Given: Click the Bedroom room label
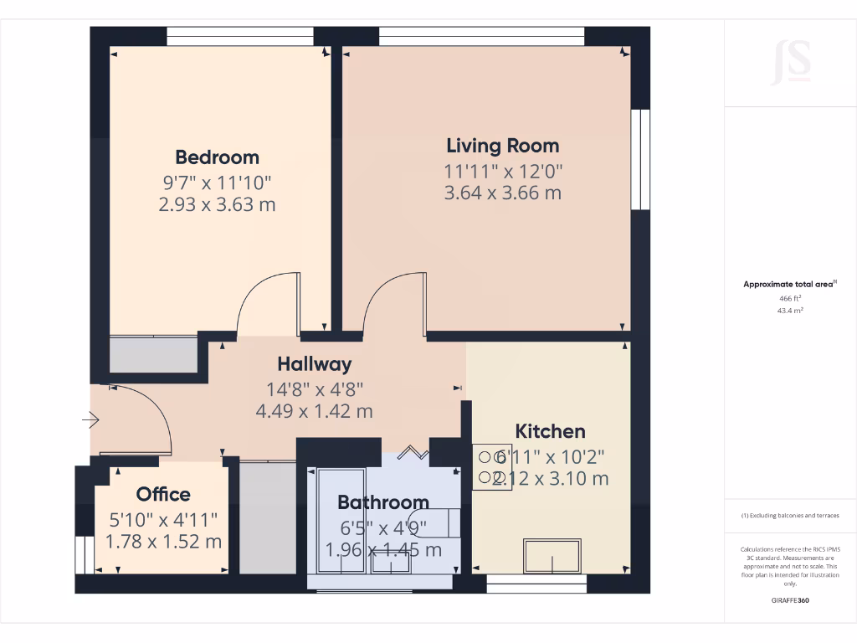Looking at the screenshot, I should coord(217,157).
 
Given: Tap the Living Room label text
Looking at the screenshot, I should coord(502,146).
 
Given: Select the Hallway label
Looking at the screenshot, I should coord(315,364).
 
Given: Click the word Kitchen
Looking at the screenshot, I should coord(550,432).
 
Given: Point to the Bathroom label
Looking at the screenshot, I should coord(383,502).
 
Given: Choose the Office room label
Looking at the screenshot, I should coord(163,494).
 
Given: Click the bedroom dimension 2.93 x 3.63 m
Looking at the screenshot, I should coord(217,204).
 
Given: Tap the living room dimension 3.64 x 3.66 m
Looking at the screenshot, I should coord(502,193).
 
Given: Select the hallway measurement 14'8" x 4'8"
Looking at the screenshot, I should coord(315,388).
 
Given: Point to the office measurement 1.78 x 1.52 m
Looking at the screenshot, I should coord(163,542).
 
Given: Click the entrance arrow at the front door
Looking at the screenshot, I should coord(90,419).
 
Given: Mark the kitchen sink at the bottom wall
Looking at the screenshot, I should coord(552,556).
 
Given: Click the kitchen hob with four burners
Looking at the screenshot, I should coord(491,467).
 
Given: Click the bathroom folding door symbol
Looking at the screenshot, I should coord(410,454).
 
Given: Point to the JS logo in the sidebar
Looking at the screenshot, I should coord(791,62).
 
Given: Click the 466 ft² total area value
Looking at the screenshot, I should coord(785,298).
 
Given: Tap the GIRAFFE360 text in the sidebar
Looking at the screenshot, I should coord(790,600).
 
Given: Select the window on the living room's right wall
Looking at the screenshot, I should coord(640,159).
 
